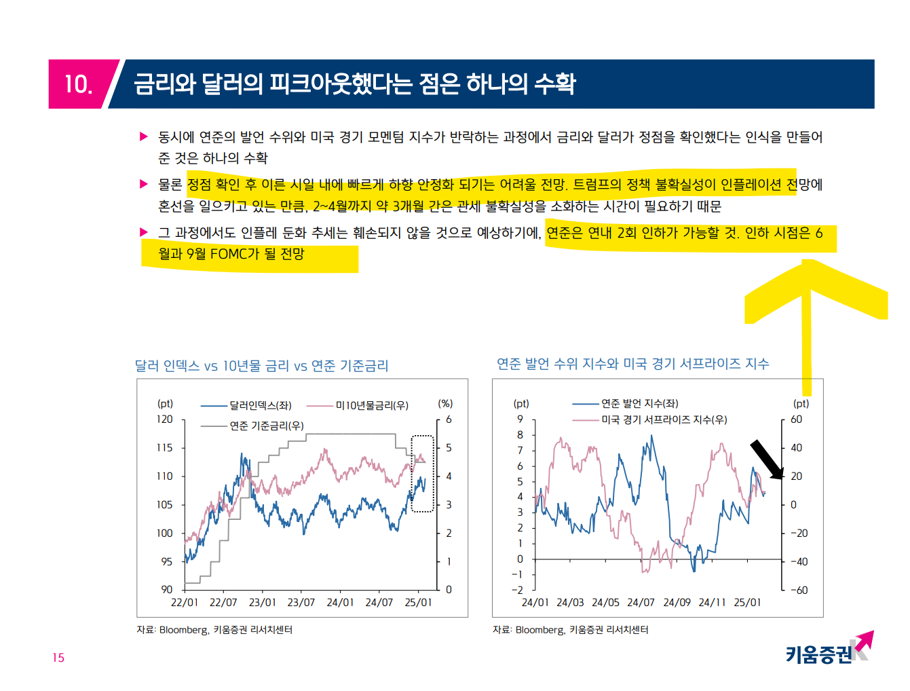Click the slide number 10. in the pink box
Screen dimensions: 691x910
pos(78,84)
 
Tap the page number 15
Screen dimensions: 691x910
pos(58,657)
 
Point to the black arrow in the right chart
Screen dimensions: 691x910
pos(766,459)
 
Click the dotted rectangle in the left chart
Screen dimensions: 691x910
pos(423,473)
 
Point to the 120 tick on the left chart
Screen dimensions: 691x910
pos(165,419)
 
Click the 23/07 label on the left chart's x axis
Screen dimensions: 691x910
pos(301,602)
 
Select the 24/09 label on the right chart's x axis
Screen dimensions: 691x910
pos(677,602)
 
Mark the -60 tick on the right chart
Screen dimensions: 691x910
pos(799,590)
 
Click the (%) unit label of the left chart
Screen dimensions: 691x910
pos(445,403)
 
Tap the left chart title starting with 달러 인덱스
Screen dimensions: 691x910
pos(261,366)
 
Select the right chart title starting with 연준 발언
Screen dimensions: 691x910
pos(632,364)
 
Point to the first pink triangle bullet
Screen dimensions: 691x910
pos(144,136)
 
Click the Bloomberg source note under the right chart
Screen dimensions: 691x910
pos(570,630)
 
